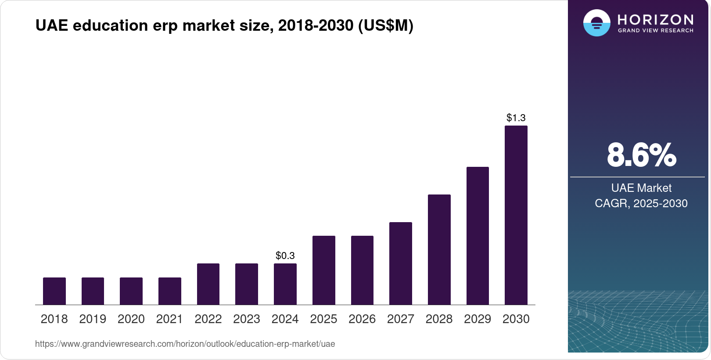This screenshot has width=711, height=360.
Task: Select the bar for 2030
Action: (x=516, y=215)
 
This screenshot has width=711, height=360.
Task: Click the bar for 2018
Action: (x=54, y=291)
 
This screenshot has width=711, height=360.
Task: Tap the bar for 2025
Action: (x=323, y=270)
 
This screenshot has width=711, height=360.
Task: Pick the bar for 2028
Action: (x=439, y=249)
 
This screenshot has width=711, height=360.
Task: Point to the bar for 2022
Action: (x=208, y=284)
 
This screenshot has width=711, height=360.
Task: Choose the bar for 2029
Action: (x=478, y=236)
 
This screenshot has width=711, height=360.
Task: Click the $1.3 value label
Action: (x=516, y=118)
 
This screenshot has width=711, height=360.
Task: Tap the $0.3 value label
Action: (x=285, y=256)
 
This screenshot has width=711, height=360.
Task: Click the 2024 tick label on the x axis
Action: (x=285, y=319)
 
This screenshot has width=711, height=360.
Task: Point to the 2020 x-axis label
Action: (x=131, y=319)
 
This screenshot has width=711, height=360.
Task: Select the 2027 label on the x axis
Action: (x=400, y=319)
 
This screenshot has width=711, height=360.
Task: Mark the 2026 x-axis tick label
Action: (x=362, y=319)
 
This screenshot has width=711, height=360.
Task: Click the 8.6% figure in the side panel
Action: (x=641, y=155)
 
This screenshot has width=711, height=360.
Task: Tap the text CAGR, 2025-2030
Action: (x=641, y=203)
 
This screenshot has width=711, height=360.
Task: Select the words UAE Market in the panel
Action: (x=641, y=188)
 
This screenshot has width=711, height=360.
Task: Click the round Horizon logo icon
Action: (x=596, y=23)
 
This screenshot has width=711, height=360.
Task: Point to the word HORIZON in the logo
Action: (x=655, y=19)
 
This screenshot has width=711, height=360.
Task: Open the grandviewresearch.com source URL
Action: (x=185, y=344)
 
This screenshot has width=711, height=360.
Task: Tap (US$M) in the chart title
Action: (x=386, y=25)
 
